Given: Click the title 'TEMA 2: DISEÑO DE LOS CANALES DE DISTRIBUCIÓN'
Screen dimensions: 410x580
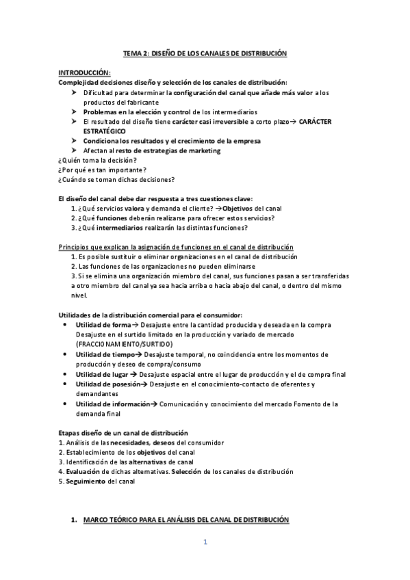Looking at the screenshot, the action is (205, 53).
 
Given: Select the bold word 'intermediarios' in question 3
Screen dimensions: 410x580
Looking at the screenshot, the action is (120, 227).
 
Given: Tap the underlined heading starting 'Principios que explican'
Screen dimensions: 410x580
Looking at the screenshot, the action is (175, 246).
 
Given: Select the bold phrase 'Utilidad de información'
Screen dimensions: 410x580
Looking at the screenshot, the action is (113, 404).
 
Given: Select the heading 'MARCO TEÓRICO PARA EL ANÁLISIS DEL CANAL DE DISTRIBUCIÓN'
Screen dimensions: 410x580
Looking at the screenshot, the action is (186, 520).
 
